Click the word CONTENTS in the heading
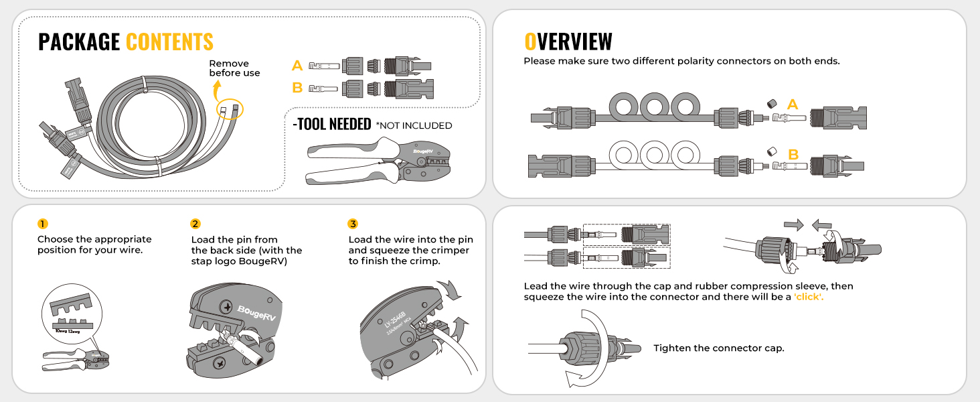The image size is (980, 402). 169,42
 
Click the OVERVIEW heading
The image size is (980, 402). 568,42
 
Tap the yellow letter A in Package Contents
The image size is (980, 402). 297,66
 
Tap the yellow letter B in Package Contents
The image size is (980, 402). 297,87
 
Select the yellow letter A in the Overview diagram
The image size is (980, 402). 793,105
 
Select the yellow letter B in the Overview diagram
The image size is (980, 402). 793,155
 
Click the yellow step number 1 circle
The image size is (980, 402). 43,224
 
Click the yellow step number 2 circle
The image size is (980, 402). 195,224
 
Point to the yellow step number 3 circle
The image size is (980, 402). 353,224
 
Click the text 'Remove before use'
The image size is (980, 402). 234,68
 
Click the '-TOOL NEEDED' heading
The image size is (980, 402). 332,125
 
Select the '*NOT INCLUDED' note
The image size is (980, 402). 414,125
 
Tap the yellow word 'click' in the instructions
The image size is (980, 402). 808,297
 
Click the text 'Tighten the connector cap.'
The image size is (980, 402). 718,348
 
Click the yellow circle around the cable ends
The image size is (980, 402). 230,109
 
